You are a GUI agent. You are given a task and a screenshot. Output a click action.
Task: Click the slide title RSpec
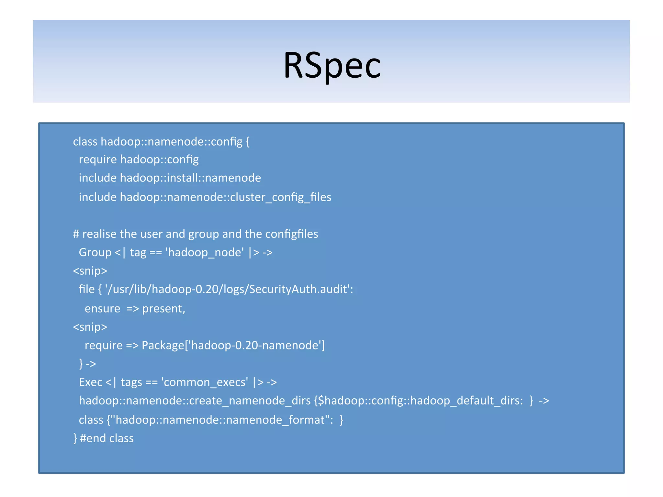pyautogui.click(x=332, y=66)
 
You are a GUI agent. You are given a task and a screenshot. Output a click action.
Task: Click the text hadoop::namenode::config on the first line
pyautogui.click(x=172, y=142)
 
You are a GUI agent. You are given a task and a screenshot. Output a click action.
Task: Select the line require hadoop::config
pyautogui.click(x=139, y=160)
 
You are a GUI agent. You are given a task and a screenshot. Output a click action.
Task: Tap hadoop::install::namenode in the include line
pyautogui.click(x=190, y=178)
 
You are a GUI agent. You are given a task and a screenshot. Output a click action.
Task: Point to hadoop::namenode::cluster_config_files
pyautogui.click(x=225, y=197)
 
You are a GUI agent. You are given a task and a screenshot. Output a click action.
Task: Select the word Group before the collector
pyautogui.click(x=95, y=252)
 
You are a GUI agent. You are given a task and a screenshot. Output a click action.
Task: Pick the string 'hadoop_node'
pyautogui.click(x=205, y=252)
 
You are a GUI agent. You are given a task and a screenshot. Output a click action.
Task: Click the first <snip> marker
pyautogui.click(x=90, y=271)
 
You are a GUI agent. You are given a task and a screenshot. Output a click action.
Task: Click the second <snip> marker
pyautogui.click(x=90, y=327)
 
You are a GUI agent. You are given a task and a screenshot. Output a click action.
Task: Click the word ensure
pyautogui.click(x=102, y=309)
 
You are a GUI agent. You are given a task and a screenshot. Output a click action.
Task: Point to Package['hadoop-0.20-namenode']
pyautogui.click(x=233, y=346)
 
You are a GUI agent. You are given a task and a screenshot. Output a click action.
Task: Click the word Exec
pyautogui.click(x=90, y=382)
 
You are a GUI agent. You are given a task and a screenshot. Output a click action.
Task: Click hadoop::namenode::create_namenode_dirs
pyautogui.click(x=195, y=401)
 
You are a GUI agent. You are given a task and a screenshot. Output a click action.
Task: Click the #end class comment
pyautogui.click(x=107, y=438)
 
